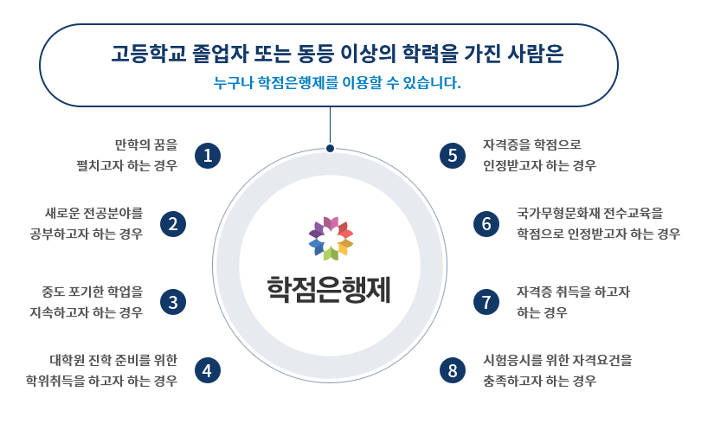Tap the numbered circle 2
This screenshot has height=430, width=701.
click(x=174, y=223)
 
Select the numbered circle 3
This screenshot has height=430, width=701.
click(x=174, y=301)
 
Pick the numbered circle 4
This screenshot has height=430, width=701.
click(x=207, y=369)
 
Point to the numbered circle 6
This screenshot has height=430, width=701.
click(x=486, y=223)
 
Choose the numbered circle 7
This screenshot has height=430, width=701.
click(x=486, y=301)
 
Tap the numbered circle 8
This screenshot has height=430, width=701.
click(x=453, y=369)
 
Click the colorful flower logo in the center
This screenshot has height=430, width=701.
click(x=331, y=237)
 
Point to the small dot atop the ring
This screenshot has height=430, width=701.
click(x=330, y=149)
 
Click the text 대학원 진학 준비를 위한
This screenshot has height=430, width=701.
click(x=113, y=359)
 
